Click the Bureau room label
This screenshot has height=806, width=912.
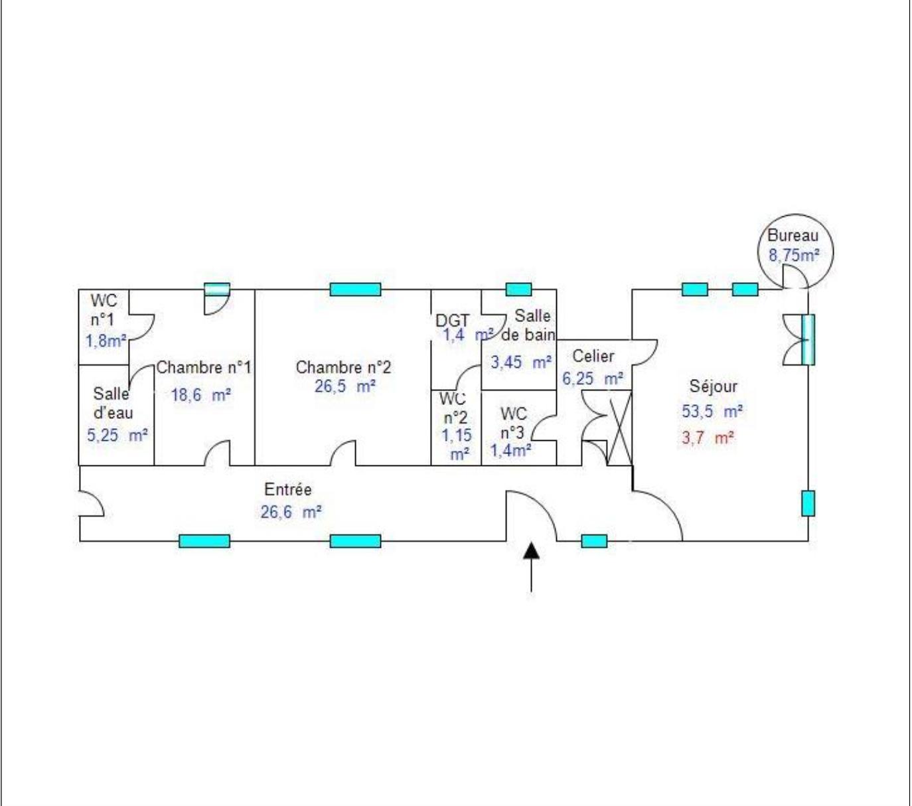[x=793, y=236]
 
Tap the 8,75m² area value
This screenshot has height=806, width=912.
[x=794, y=256]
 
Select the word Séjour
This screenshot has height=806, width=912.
[x=714, y=386]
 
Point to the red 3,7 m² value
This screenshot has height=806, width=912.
[x=708, y=438]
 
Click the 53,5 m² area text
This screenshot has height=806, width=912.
[x=712, y=411]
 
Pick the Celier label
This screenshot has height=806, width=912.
[x=593, y=356]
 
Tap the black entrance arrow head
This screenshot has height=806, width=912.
[x=531, y=550]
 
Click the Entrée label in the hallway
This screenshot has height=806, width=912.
[x=287, y=489]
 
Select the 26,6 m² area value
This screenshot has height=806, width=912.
[x=291, y=512]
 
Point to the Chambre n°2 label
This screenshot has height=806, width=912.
[x=343, y=367]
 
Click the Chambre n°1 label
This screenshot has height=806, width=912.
[x=204, y=367]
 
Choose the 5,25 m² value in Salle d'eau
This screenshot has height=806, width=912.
[x=117, y=435]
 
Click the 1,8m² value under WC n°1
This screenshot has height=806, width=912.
[x=106, y=341]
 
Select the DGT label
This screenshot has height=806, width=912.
[x=453, y=321]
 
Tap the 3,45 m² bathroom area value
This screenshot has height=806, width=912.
[x=521, y=362]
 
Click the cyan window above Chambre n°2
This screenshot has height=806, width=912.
[x=355, y=289]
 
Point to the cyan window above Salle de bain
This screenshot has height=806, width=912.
[x=518, y=289]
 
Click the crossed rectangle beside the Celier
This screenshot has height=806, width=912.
[x=619, y=428]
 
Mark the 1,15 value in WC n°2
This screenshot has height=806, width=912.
[x=457, y=435]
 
